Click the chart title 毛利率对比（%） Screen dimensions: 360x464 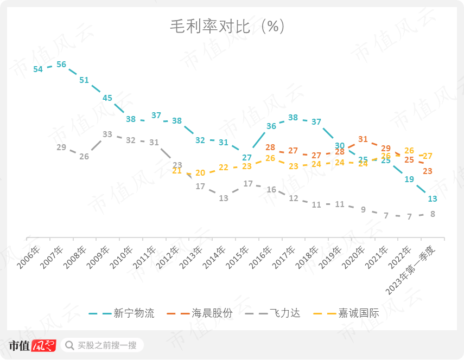[x=227, y=27]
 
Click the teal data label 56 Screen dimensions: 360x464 [x=61, y=65]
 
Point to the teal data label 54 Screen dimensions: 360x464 [x=38, y=69]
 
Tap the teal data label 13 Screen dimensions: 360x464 [x=433, y=199]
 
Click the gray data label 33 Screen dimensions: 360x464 [x=107, y=134]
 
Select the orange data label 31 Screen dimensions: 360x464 [x=363, y=139]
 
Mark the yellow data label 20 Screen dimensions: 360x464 [x=200, y=173]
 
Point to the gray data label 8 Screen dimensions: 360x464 [x=433, y=214]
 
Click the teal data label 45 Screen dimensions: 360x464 [x=107, y=98]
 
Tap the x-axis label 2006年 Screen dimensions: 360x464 [x=29, y=256]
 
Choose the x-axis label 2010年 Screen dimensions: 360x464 [x=122, y=256]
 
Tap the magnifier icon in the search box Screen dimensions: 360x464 [x=70, y=345]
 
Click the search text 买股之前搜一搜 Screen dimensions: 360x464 [x=107, y=345]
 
